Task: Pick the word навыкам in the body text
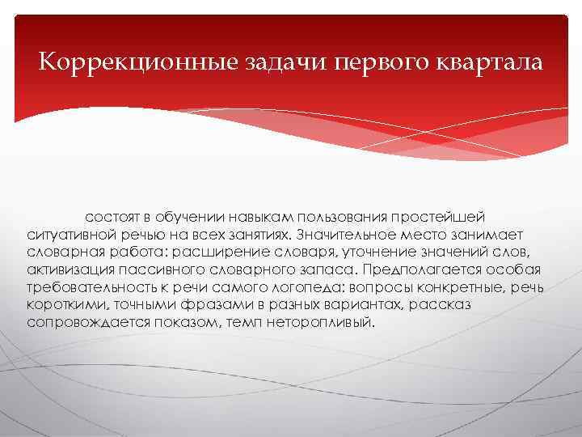coord(263,218)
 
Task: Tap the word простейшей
coord(437,218)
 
